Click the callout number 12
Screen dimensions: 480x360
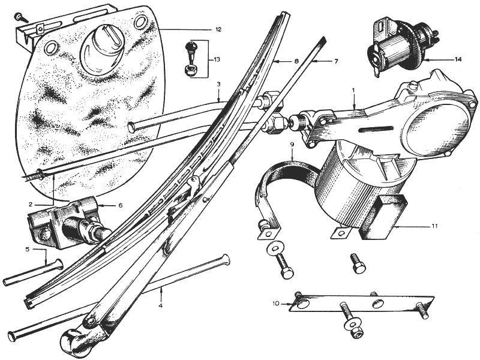click(218, 29)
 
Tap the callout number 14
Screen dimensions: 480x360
click(458, 59)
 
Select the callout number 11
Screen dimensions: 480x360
click(434, 226)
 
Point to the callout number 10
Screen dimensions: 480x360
click(276, 304)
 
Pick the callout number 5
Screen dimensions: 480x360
click(28, 250)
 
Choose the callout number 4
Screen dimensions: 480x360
click(160, 305)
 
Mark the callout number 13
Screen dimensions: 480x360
click(217, 59)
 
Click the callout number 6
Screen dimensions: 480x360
click(121, 205)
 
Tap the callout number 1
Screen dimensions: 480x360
click(353, 91)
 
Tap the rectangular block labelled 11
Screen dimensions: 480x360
click(383, 217)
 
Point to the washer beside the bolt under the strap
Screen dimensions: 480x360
click(275, 248)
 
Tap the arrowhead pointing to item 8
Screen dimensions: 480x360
click(276, 62)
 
